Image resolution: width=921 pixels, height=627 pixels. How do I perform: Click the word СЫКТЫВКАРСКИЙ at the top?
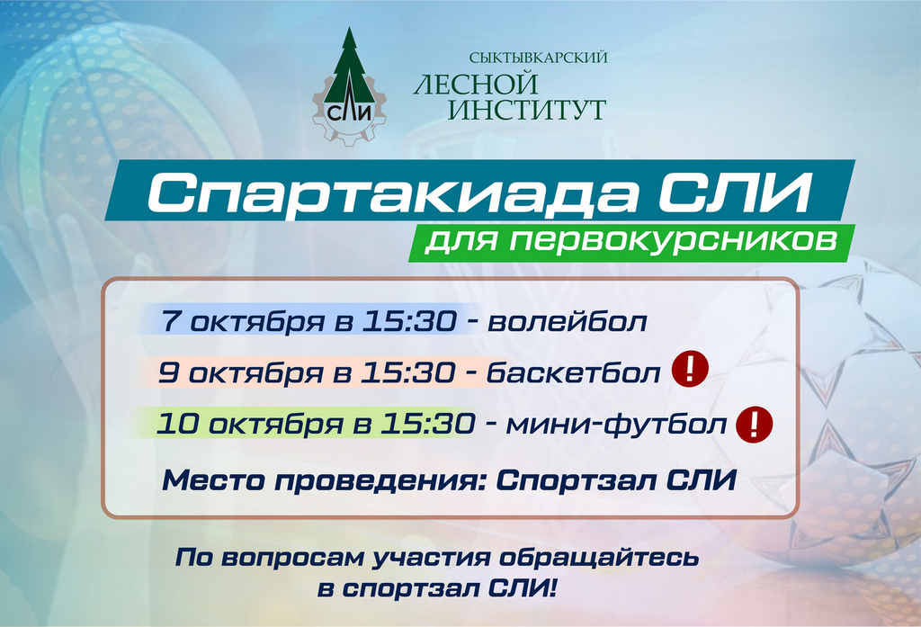point(538,57)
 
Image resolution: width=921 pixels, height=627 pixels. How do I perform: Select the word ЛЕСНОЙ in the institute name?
point(476,83)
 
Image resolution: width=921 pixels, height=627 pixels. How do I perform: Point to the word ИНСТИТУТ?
point(526,110)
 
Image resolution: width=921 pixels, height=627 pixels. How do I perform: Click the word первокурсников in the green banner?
point(673,240)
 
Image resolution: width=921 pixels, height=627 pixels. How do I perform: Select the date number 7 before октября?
point(170,321)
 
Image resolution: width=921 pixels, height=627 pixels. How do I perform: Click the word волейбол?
point(568,321)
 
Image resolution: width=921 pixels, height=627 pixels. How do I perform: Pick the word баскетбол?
point(574,372)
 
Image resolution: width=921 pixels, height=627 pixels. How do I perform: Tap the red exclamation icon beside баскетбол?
point(690,369)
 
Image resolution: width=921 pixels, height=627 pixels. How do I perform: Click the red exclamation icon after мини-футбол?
point(755,424)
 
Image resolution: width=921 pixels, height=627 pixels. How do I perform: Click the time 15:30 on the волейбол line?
point(409,321)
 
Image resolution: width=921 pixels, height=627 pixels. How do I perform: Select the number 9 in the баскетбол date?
point(168,372)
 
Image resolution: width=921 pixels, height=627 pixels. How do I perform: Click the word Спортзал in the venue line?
point(575,480)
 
